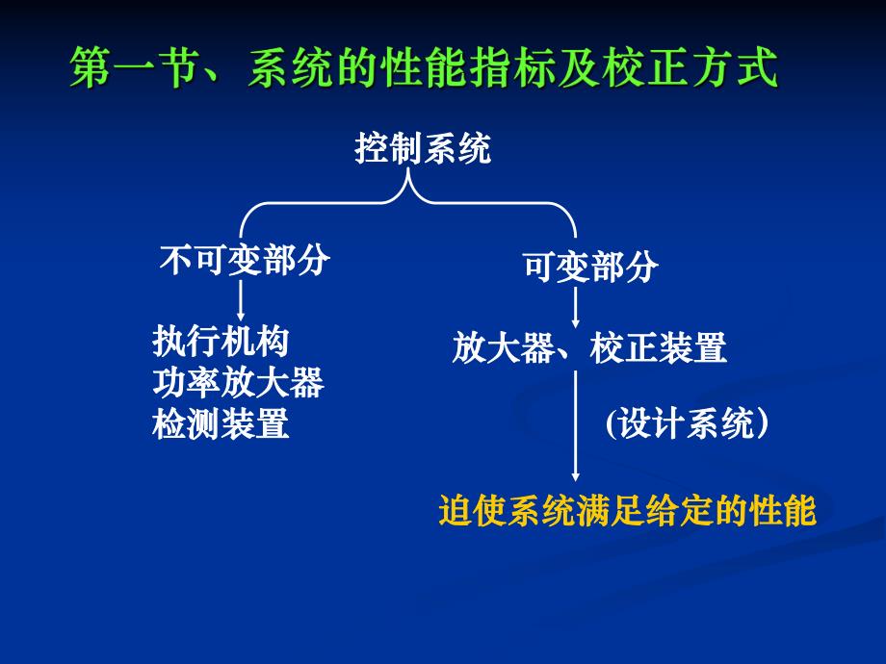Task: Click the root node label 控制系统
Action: (423, 149)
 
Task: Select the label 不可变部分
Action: (245, 261)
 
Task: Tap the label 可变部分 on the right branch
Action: (590, 267)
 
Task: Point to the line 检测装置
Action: (221, 423)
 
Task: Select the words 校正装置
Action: (659, 348)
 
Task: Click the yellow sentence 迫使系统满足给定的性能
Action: (627, 511)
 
